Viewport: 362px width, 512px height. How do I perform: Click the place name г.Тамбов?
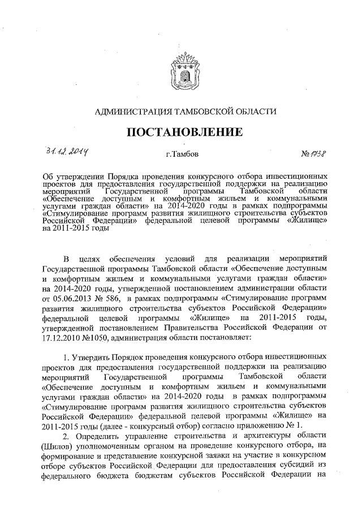point(182,154)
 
